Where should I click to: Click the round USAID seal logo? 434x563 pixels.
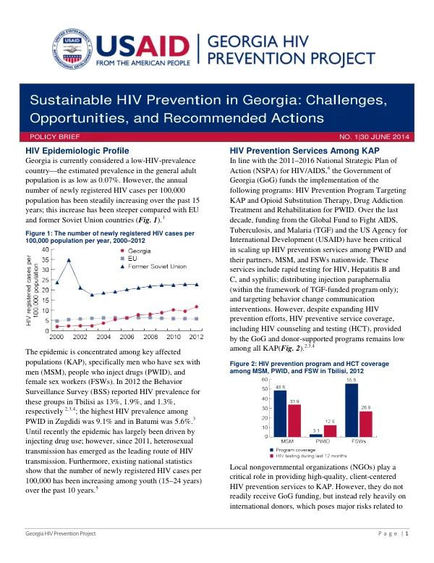coord(72,49)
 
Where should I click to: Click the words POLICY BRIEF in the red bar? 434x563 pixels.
coord(54,137)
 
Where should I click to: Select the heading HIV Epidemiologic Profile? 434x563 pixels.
coord(77,151)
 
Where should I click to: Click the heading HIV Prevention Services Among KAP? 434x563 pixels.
coord(305,151)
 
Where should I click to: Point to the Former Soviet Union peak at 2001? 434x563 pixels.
coord(69,260)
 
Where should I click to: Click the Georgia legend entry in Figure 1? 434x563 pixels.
coord(135,251)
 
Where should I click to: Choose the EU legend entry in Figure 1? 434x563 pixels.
coord(129,259)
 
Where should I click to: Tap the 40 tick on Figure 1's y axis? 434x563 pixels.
coord(45,249)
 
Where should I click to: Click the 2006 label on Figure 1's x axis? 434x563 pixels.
coord(127,337)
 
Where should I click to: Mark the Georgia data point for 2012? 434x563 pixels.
coord(197,307)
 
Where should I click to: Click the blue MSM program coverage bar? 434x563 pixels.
coord(280,414)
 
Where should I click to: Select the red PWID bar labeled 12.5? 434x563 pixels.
coord(330,431)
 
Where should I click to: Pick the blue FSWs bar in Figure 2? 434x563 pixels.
coord(352,410)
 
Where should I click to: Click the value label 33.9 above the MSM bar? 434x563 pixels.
coord(294,401)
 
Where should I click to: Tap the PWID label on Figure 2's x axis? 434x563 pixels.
coord(323,441)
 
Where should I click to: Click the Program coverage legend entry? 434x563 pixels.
coord(293,450)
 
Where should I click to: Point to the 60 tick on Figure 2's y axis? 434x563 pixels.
coord(265,380)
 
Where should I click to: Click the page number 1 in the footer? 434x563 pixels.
coord(407,533)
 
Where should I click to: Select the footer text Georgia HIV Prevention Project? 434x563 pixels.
coord(61,533)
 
